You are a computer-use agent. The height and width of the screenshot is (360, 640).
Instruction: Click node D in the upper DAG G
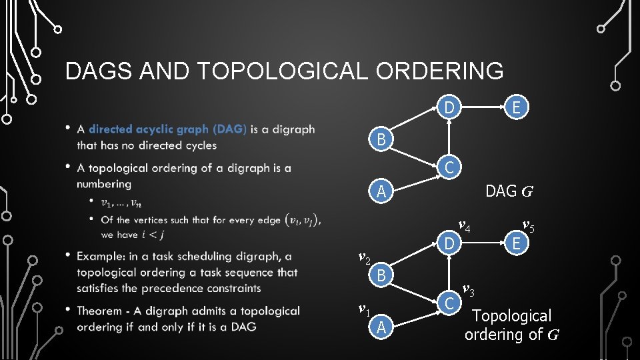point(450,108)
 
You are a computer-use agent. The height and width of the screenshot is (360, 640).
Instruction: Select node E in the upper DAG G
point(516,108)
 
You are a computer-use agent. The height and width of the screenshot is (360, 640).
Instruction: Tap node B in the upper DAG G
point(381,140)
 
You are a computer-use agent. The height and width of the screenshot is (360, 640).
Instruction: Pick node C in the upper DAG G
point(450,167)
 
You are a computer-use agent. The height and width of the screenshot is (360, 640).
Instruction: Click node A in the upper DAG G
point(381,192)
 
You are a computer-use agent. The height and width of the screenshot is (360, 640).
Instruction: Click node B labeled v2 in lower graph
point(381,275)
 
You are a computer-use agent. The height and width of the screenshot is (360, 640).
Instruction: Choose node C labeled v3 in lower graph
point(450,303)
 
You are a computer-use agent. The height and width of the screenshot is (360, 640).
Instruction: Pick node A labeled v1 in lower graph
point(381,327)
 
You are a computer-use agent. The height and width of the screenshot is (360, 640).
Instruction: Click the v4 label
point(464,227)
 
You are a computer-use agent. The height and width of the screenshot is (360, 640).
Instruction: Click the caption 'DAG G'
point(509,192)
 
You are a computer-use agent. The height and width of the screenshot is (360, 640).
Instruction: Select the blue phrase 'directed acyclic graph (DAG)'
point(167,129)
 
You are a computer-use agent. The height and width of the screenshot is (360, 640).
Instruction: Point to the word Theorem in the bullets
point(99,311)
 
